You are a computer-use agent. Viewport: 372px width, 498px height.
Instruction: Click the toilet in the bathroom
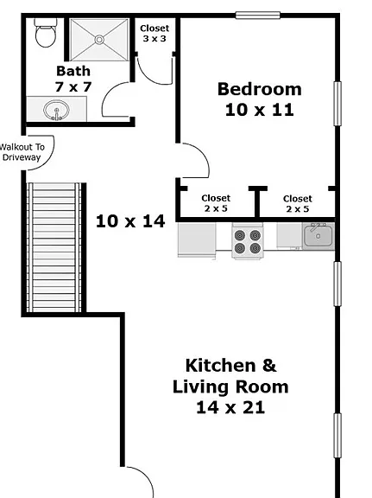[46, 33]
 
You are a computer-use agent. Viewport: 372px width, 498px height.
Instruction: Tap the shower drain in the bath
[99, 40]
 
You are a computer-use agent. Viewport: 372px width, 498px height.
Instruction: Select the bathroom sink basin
[56, 110]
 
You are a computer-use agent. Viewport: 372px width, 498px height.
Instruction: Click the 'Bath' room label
[73, 71]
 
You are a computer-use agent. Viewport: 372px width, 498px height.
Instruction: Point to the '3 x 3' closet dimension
[154, 39]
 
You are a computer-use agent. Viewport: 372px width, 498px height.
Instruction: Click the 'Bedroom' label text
[260, 89]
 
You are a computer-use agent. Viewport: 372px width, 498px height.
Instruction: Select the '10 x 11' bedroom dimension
[260, 110]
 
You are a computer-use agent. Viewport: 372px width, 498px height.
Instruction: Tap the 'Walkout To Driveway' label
[22, 152]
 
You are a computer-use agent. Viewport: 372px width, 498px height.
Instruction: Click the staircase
[54, 247]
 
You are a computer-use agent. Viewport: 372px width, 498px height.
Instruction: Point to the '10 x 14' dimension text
[130, 221]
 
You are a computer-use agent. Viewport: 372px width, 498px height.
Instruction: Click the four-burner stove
[248, 240]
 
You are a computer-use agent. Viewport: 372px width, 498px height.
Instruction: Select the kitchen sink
[318, 236]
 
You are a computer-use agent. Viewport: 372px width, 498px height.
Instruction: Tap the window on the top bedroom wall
[258, 15]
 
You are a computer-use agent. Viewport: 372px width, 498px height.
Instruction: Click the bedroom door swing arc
[204, 155]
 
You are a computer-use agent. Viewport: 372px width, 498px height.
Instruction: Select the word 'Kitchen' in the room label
[220, 366]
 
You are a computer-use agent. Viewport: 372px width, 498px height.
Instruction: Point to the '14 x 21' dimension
[230, 407]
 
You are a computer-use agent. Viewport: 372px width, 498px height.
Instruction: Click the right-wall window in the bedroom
[337, 104]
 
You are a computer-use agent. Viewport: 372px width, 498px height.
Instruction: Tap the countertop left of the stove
[197, 239]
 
